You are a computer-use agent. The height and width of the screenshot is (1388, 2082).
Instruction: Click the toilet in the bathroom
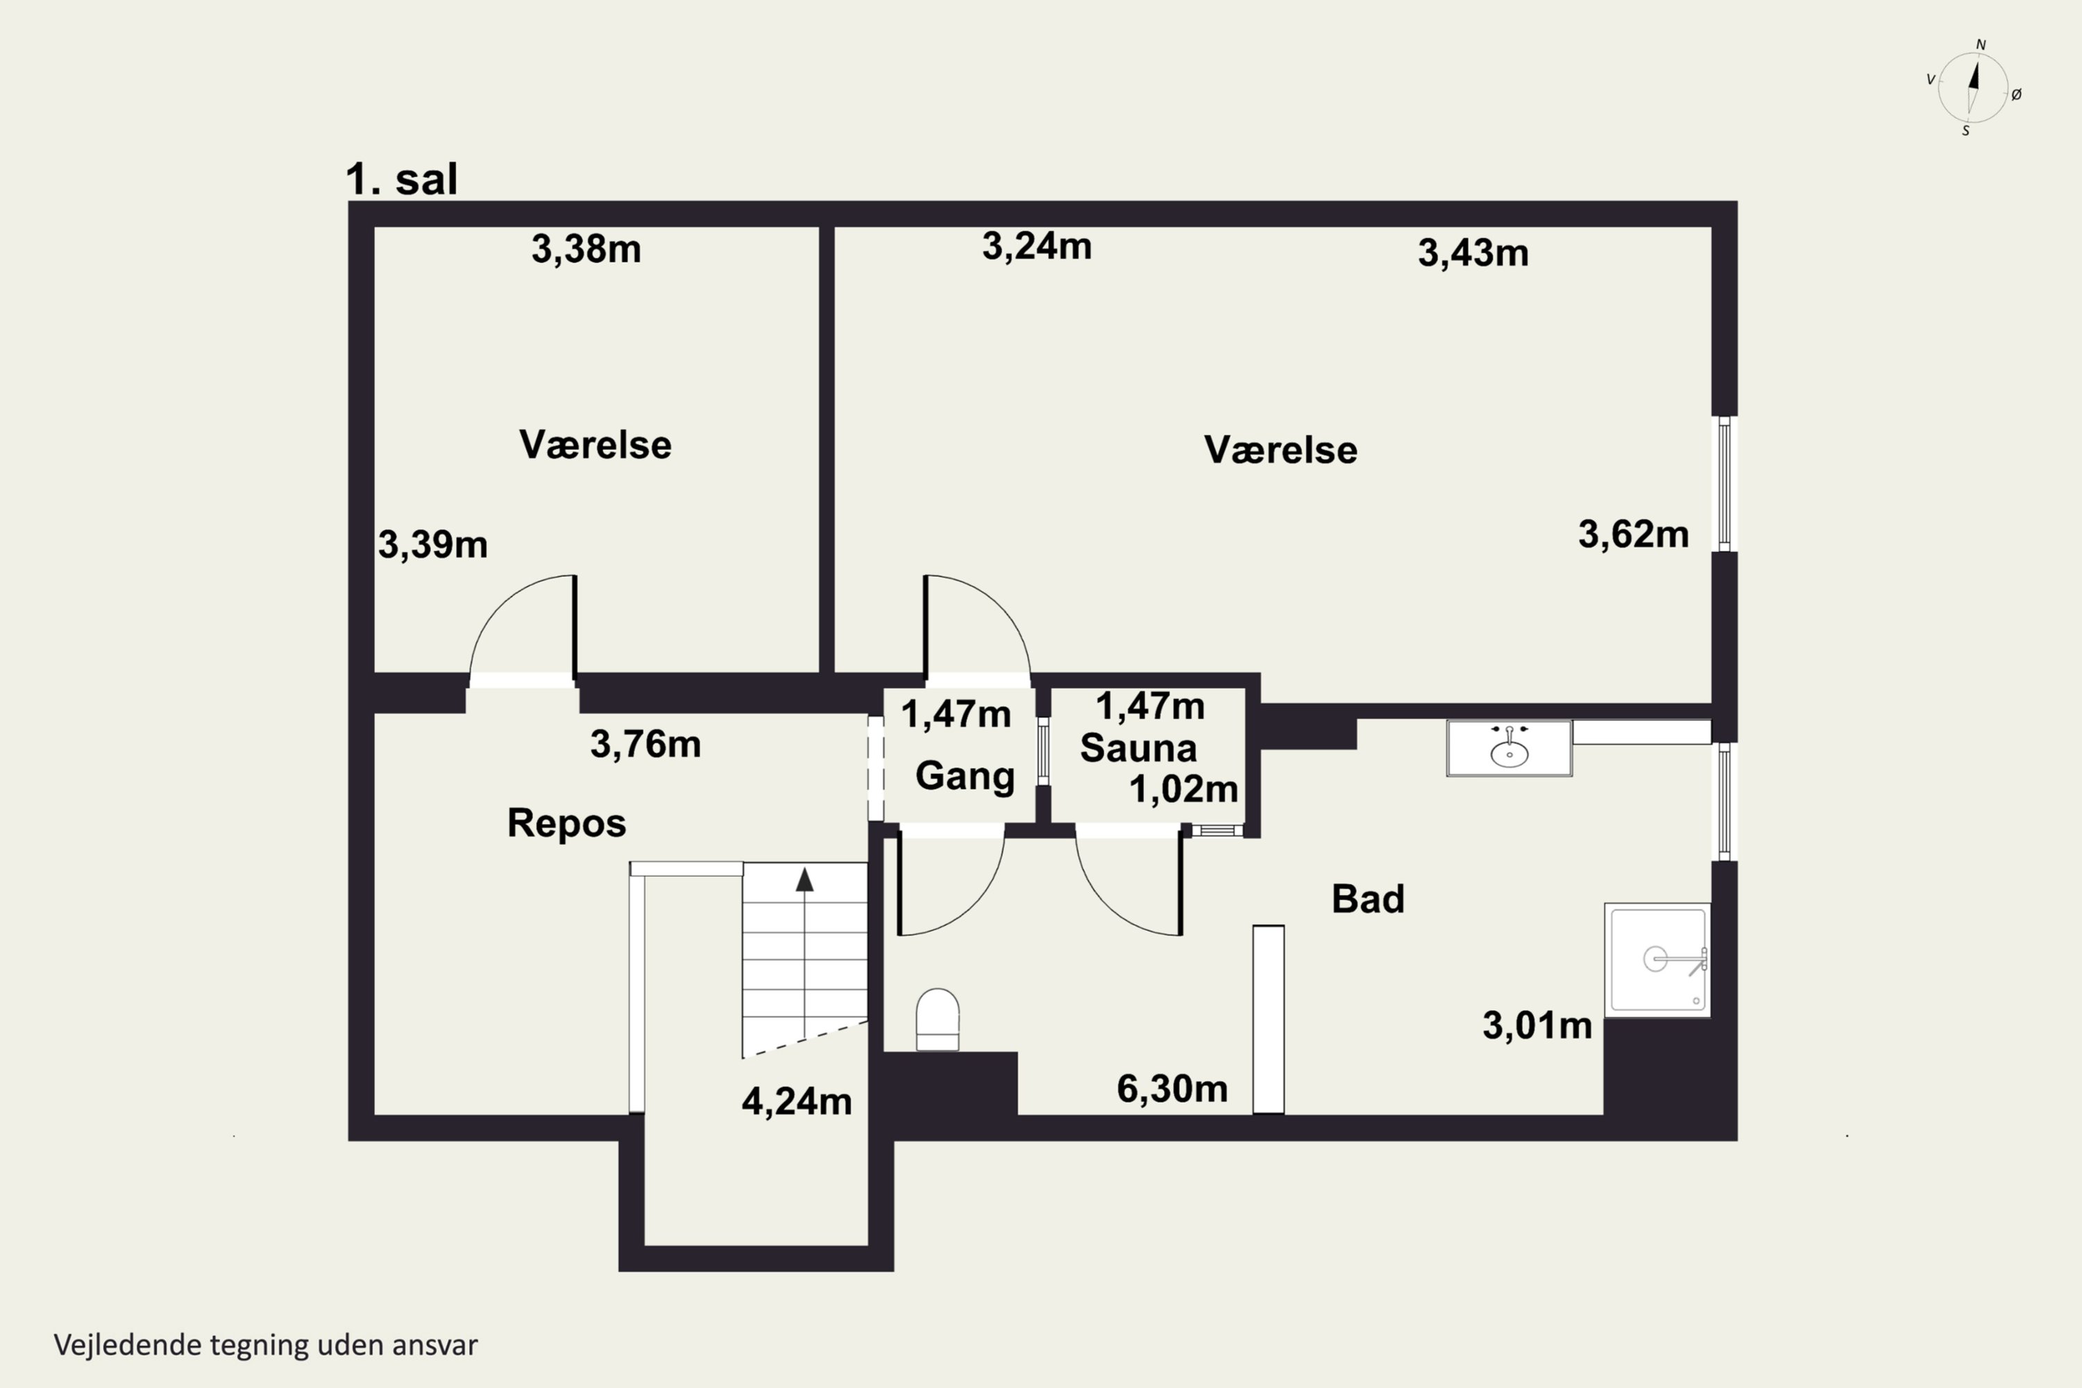point(938,1019)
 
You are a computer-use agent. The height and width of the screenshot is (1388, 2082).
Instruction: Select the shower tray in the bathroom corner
point(1657,960)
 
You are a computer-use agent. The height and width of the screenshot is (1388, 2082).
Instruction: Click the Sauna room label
point(1138,748)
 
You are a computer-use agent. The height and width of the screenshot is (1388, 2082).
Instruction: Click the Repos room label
point(566,823)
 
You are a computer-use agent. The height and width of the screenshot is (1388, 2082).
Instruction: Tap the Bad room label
point(1368,899)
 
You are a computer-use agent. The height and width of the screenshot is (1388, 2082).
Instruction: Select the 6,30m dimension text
point(1172,1089)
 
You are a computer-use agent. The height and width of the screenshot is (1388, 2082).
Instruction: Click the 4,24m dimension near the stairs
point(797,1101)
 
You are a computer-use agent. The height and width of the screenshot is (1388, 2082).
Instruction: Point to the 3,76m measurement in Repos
point(645,745)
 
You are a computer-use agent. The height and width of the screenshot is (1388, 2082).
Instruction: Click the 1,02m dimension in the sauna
point(1183,788)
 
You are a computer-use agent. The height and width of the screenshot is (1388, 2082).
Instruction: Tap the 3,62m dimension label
point(1633,534)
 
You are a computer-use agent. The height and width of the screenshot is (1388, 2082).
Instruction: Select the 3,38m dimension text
point(586,250)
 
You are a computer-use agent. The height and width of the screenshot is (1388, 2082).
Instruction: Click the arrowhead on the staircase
point(804,879)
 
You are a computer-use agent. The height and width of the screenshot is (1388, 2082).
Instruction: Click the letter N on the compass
point(1981,45)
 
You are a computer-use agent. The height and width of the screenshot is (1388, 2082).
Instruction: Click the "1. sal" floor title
point(401,180)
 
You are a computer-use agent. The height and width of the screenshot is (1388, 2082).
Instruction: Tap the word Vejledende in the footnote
point(128,1345)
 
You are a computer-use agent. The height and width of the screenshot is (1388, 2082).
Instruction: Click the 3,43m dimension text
point(1473,253)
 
